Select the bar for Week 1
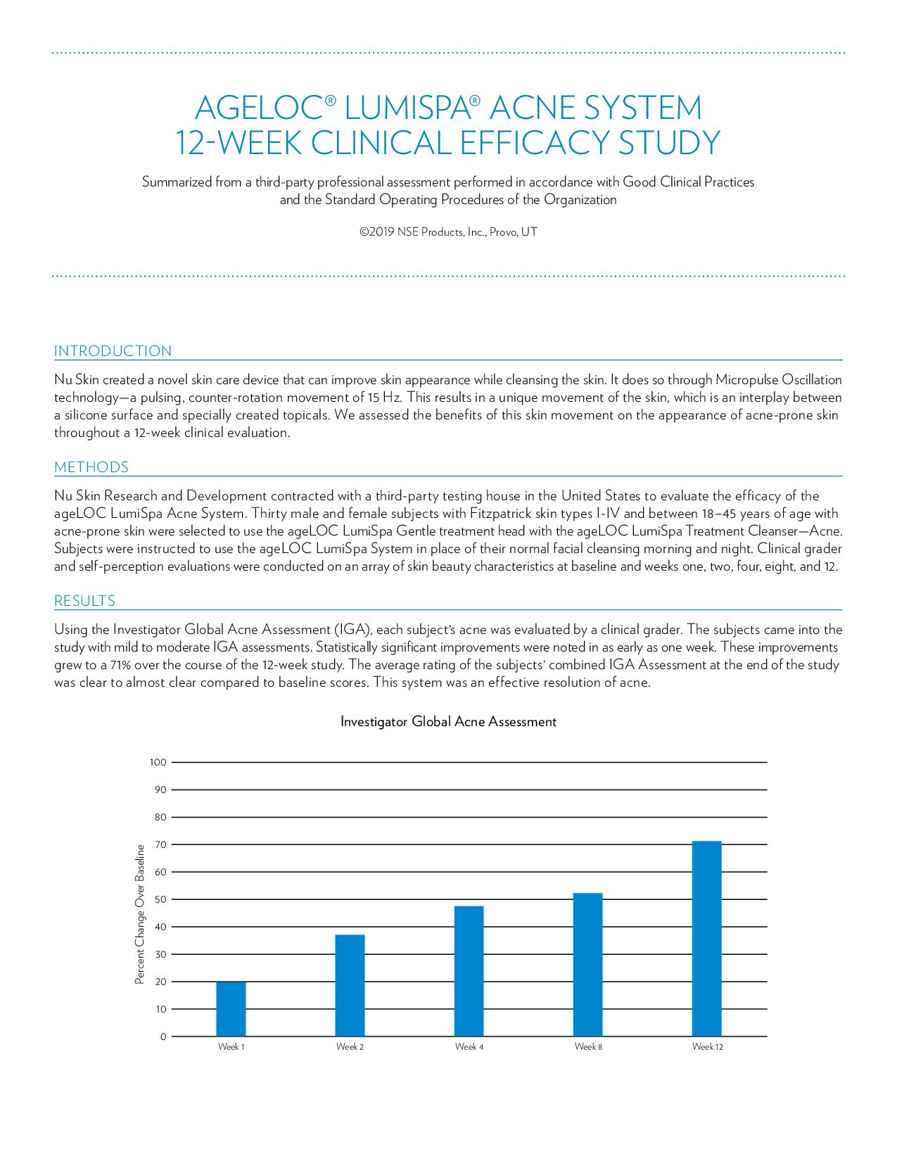(x=231, y=1009)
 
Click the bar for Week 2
(x=350, y=985)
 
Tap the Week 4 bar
(x=469, y=971)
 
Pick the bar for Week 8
(x=587, y=965)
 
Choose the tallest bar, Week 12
(x=706, y=939)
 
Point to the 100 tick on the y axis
(x=158, y=762)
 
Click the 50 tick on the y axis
(x=160, y=899)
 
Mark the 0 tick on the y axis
(x=163, y=1036)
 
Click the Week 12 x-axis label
(x=707, y=1047)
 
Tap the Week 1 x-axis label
(x=231, y=1047)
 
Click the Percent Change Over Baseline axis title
(x=139, y=914)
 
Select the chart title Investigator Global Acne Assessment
(x=448, y=722)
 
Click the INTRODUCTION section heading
(x=113, y=351)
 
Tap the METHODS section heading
(x=91, y=467)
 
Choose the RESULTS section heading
(x=84, y=601)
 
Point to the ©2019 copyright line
(x=448, y=232)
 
